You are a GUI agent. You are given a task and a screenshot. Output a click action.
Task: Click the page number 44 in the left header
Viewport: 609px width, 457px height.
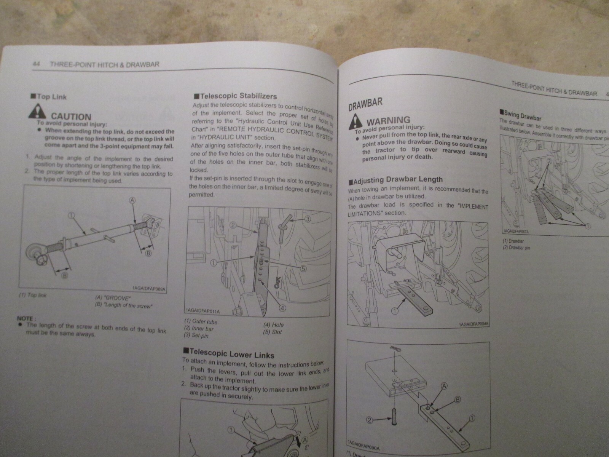point(37,64)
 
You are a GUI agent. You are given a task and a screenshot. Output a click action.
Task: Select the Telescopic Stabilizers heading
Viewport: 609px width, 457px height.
point(235,96)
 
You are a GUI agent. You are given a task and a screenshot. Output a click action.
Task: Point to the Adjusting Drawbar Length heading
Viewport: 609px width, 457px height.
point(395,180)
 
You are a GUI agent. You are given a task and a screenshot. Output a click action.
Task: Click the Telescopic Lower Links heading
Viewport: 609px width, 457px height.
point(228,353)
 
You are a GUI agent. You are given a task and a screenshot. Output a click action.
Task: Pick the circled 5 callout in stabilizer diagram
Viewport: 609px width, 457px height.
point(303,268)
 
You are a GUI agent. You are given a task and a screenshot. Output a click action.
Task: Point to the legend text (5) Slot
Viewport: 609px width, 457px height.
point(272,332)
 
